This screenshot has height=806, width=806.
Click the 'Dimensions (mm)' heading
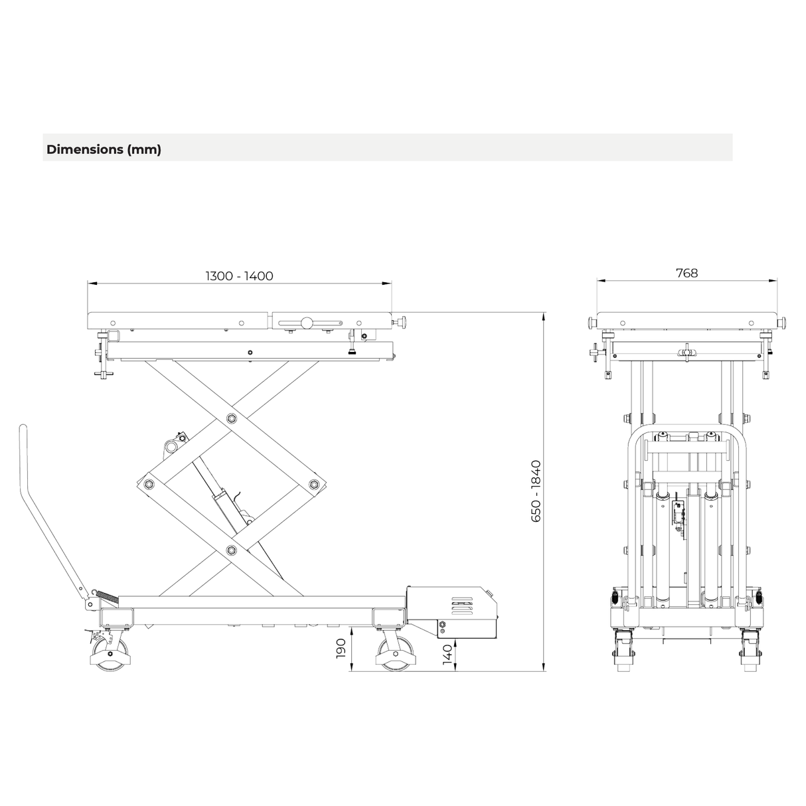point(104,149)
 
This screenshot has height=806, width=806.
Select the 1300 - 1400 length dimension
point(239,276)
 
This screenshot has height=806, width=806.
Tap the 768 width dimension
point(686,272)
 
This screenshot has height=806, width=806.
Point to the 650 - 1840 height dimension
point(536,491)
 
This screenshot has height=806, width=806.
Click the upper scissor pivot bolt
point(231,418)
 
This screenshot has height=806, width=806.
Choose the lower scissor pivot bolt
point(231,550)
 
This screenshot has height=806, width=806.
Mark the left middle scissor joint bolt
point(149,484)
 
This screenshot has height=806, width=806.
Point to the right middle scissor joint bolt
point(313,484)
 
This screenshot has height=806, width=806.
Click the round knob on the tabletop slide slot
point(306,323)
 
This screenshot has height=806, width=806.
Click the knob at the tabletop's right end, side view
point(400,323)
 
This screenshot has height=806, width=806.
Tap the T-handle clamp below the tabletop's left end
point(102,359)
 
